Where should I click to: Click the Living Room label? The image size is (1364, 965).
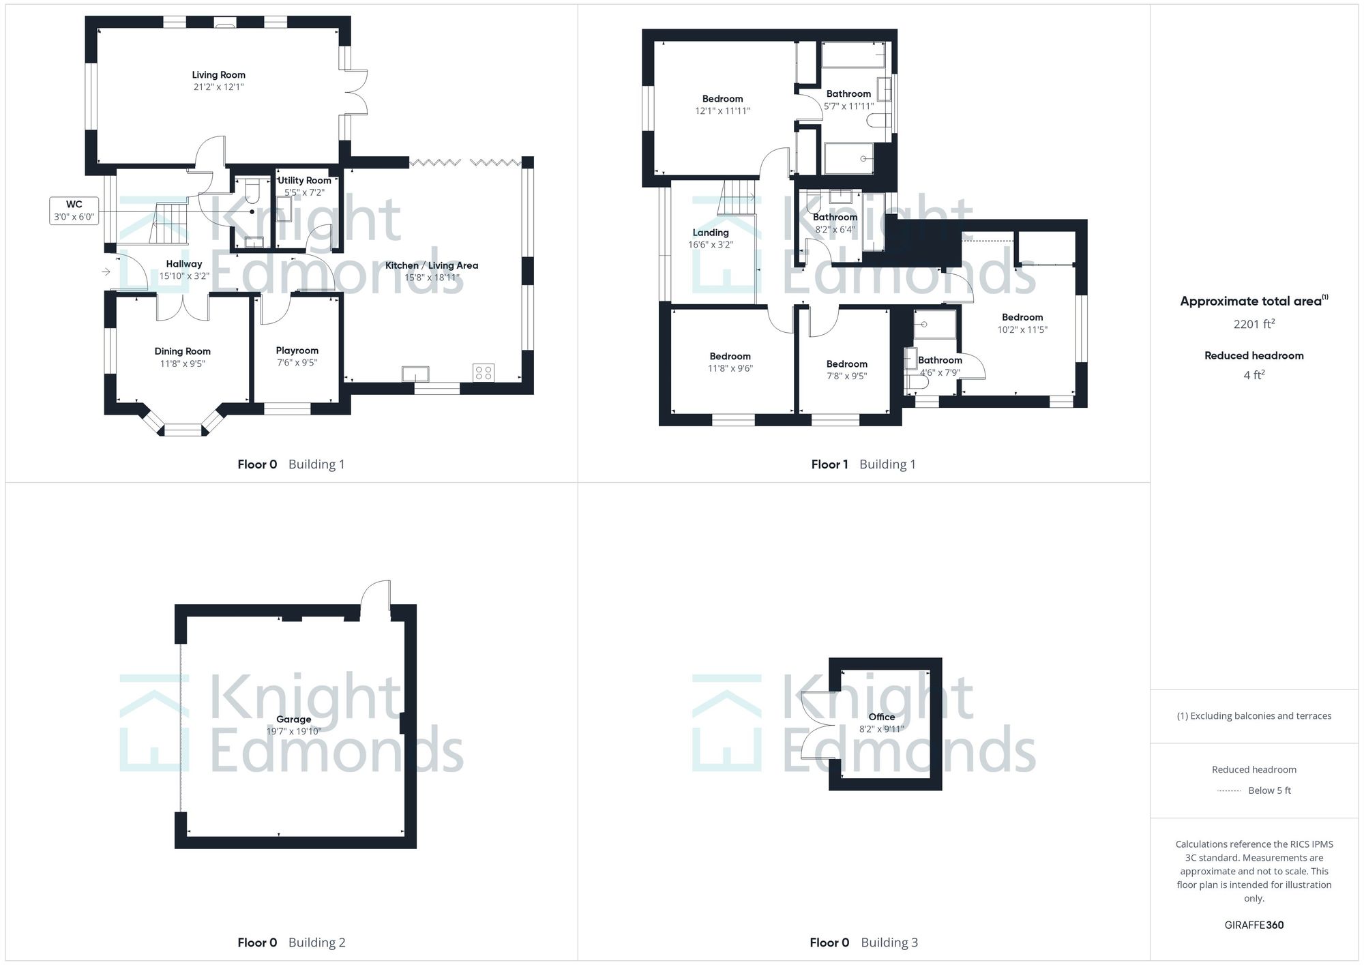218,75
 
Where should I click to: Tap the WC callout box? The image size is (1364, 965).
74,211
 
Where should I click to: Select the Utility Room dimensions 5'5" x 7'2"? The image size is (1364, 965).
304,193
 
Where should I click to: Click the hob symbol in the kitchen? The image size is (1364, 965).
484,372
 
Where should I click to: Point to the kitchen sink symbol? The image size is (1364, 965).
415,374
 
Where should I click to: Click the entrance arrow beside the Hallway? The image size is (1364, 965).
106,272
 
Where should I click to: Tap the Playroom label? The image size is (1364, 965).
297,351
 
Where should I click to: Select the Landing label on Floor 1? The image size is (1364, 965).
711,233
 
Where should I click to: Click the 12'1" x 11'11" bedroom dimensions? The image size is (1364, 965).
722,111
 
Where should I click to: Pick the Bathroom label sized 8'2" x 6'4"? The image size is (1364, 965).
835,218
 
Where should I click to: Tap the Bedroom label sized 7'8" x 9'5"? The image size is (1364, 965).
846,364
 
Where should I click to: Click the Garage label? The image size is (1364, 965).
293,719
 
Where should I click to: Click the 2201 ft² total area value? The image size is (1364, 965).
1254,325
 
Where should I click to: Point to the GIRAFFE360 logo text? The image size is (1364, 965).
1254,925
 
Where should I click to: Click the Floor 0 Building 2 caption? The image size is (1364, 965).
291,942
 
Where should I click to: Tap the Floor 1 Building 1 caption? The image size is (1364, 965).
863,464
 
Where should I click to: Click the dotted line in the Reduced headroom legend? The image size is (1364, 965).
1229,791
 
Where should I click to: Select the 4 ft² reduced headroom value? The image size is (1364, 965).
1254,375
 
